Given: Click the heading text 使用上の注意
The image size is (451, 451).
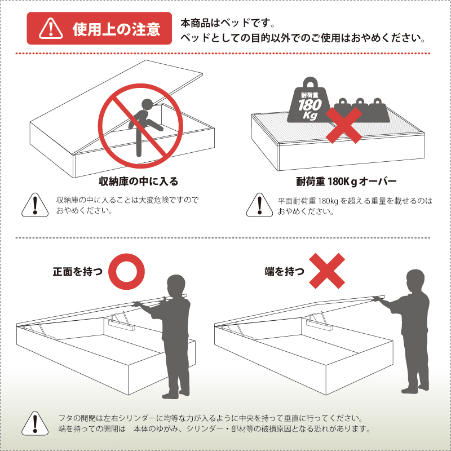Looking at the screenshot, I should tap(116, 29).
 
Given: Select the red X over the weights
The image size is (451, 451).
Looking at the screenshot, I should tap(345, 123).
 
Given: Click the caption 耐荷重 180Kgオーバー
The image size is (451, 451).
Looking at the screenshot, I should tap(346, 182).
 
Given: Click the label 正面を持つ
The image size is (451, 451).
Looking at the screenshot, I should tap(78, 271).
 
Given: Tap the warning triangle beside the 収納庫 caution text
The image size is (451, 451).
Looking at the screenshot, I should tap(34, 205).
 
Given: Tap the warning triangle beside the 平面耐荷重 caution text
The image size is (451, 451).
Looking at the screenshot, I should tap(258, 206).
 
